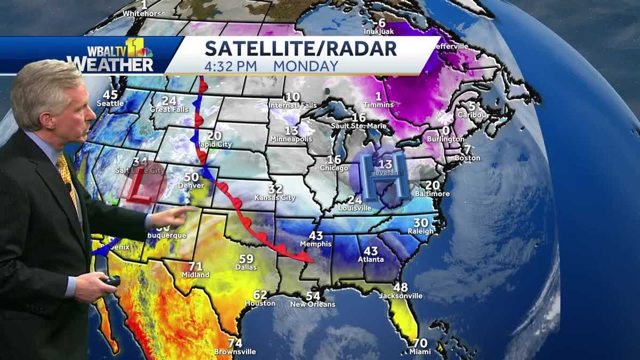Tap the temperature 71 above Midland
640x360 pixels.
(196, 266)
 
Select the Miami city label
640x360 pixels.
(420, 351)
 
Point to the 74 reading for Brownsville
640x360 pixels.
(235, 343)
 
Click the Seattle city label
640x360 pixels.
(110, 103)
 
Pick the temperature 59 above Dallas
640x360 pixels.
(246, 259)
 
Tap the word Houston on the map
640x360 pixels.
(260, 303)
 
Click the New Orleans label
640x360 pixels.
(313, 304)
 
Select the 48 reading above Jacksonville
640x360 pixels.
(401, 287)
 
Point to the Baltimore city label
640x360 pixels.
(433, 193)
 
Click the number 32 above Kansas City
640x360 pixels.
(275, 189)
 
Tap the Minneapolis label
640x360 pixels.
(291, 139)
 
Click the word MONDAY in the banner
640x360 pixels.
(306, 66)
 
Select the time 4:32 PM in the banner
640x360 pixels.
(231, 66)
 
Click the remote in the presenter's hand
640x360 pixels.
(111, 281)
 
